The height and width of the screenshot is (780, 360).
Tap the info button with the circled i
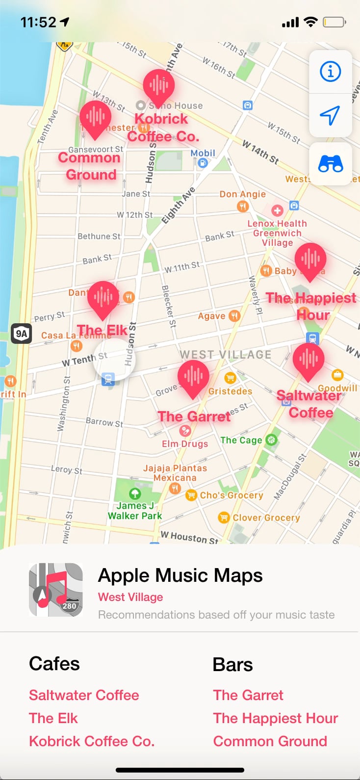click(330, 72)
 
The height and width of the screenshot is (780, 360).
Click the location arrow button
click(330, 115)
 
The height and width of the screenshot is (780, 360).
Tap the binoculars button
click(331, 164)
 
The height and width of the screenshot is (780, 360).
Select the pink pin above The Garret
click(193, 377)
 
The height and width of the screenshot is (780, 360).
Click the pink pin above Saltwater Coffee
click(309, 360)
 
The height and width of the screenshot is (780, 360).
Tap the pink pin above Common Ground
click(96, 118)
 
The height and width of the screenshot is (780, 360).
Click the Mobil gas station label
click(203, 154)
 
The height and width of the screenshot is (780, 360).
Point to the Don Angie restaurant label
click(242, 194)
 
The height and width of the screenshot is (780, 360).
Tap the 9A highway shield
click(22, 334)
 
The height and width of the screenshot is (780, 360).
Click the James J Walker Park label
click(135, 510)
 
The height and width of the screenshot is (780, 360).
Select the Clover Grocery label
click(266, 518)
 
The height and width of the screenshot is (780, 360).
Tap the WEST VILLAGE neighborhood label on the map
click(225, 355)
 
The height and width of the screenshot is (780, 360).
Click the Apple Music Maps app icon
click(56, 590)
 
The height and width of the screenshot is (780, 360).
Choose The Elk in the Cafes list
click(53, 718)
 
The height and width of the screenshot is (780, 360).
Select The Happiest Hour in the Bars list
click(276, 718)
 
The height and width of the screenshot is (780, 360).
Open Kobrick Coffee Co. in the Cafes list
click(92, 741)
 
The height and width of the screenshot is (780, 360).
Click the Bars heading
click(233, 665)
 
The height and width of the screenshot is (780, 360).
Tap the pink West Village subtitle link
click(130, 597)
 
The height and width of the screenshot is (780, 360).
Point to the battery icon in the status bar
click(334, 22)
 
